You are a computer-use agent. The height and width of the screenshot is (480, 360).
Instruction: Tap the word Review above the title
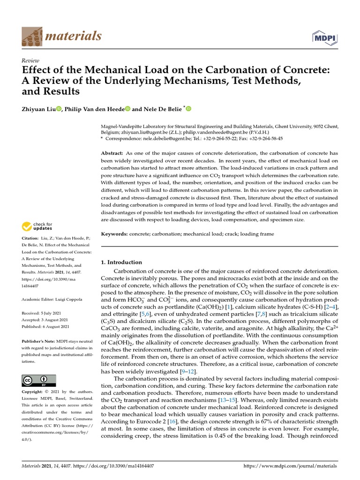(x=30, y=60)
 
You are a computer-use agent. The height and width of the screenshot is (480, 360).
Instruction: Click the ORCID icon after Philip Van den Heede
(x=127, y=109)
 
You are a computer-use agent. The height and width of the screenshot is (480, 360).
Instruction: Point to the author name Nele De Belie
(x=162, y=109)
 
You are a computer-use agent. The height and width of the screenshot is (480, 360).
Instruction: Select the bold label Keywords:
(x=114, y=233)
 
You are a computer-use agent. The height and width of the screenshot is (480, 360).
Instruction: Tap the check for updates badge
(x=37, y=226)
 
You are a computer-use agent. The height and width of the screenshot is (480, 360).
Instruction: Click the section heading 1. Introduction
(x=121, y=262)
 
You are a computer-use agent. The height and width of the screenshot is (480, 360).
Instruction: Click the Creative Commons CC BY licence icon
(x=38, y=380)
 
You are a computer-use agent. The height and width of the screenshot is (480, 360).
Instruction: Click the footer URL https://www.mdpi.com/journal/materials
(x=291, y=466)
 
